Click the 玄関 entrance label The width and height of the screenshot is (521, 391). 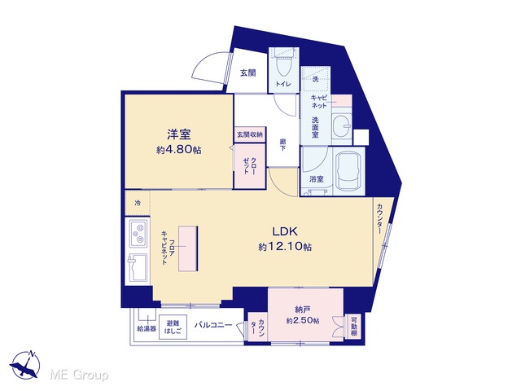(248, 73)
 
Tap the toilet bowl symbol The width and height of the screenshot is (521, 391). (283, 68)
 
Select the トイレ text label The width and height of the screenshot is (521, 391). (283, 84)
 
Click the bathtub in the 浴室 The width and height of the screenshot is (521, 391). (348, 173)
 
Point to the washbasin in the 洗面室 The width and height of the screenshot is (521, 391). (342, 125)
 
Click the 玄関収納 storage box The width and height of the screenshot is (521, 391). (250, 134)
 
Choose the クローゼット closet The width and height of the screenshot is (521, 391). (250, 165)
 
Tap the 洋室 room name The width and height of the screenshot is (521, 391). (179, 134)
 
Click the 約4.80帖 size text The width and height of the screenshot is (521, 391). (179, 150)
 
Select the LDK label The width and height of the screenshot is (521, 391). (285, 231)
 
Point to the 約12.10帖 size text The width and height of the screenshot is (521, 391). (285, 247)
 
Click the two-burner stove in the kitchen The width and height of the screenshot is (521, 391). (138, 233)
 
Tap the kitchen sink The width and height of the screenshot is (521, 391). (138, 268)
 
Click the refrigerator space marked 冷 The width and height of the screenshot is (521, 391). (138, 203)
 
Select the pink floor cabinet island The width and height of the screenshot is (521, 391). (188, 248)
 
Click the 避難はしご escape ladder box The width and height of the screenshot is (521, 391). (173, 327)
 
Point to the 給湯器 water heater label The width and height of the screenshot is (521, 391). (147, 329)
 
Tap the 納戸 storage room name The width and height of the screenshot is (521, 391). (303, 310)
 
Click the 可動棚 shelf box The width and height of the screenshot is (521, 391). (354, 326)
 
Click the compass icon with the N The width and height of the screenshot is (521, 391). (25, 365)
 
